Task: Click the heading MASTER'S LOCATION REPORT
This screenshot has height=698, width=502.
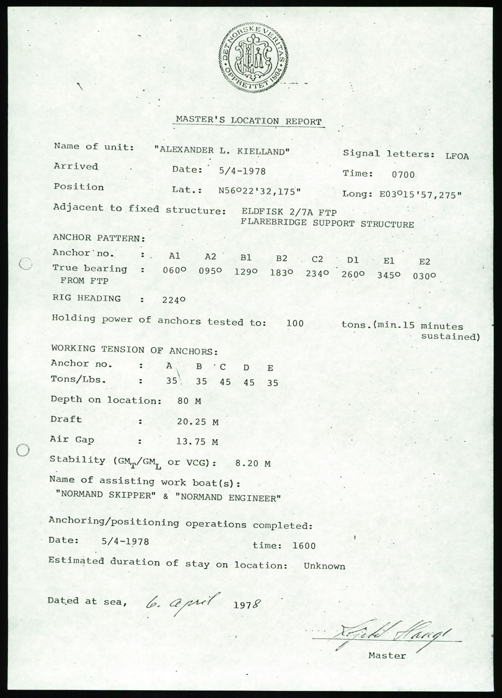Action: pos(248,121)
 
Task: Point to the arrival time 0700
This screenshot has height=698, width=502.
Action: pos(403,174)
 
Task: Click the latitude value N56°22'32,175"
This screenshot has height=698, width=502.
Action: pos(257,192)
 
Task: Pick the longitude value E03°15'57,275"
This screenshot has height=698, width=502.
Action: pos(420,195)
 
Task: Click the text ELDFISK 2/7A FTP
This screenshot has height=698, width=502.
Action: pos(289,212)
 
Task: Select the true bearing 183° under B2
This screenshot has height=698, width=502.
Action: pos(281,273)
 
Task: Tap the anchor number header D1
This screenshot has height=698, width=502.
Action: pos(353,260)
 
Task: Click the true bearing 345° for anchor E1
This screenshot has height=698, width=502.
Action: pos(389,275)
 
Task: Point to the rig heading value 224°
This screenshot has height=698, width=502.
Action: pos(174,300)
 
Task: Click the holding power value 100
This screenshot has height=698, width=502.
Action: pos(295,323)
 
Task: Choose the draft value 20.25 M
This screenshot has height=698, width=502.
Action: pos(198,422)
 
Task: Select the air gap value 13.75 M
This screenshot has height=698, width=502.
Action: pos(197,442)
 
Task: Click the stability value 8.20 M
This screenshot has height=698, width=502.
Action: pos(253,463)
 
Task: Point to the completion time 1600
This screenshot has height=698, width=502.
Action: pos(304,546)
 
